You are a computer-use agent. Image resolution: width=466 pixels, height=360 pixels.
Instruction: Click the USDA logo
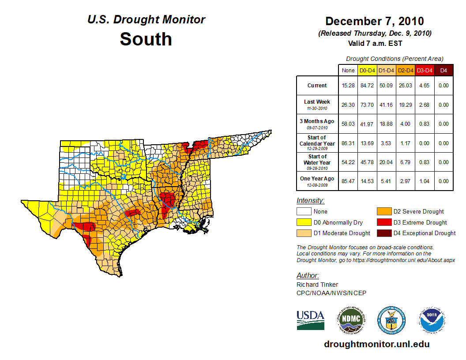pos(310,320)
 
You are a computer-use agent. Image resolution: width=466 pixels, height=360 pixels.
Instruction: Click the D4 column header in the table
pos(443,70)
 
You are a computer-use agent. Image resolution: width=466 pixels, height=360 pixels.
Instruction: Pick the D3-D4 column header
pos(424,70)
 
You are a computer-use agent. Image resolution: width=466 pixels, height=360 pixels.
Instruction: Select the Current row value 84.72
pos(367,86)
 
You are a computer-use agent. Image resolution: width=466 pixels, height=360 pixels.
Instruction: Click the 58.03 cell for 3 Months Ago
pos(348,124)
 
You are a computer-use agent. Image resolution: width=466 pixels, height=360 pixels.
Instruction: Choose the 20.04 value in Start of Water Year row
pos(387,162)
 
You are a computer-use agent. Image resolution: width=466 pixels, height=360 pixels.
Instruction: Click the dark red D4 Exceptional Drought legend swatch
pos(383,233)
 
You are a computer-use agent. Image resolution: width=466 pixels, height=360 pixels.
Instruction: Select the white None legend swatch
pos(304,212)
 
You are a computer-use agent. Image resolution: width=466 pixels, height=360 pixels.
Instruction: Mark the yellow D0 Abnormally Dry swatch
pos(304,222)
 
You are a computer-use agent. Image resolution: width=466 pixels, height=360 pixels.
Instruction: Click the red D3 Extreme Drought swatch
pos(383,222)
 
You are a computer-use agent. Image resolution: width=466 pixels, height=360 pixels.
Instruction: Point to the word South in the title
pos(146,39)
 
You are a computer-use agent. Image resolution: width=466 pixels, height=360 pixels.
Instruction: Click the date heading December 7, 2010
pos(374,21)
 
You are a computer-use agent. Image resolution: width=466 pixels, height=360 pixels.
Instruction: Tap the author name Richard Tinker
pos(317,285)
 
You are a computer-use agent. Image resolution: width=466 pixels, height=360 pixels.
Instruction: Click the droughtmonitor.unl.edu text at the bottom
pos(376,344)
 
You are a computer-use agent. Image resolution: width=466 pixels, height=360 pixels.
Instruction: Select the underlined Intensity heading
pos(310,201)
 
